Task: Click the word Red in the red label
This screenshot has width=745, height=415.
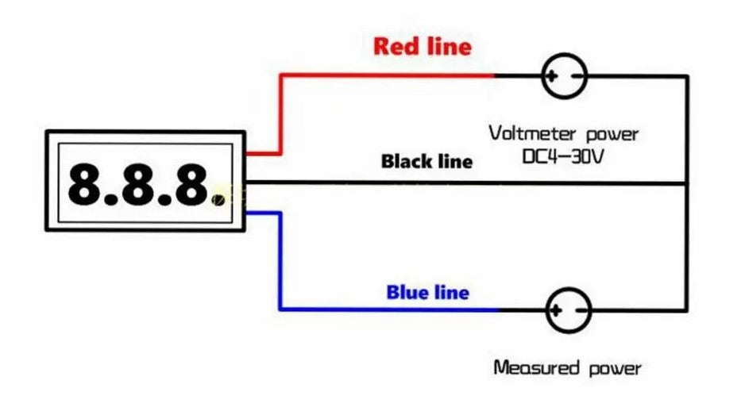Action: coord(396,46)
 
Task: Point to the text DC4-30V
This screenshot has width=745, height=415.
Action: coord(563,157)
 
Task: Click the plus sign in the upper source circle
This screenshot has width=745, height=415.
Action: coord(554,77)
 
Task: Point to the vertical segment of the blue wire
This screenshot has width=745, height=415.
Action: coord(280,261)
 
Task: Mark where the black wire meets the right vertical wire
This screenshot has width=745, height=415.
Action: coord(686,183)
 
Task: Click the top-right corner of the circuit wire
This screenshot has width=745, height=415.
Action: coord(686,77)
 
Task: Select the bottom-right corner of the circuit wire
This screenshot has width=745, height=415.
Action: coord(686,309)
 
